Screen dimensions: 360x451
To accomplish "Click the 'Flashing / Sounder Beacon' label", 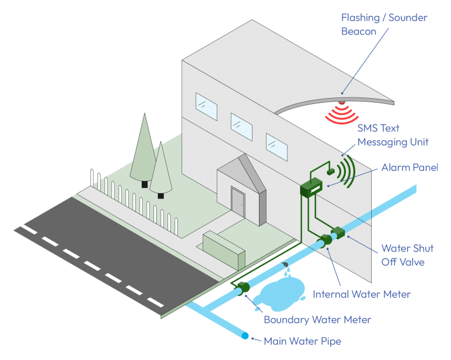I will pyautogui.click(x=384, y=25).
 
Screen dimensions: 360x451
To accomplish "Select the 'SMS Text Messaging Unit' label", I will pyautogui.click(x=393, y=134).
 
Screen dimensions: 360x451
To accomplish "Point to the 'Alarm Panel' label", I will pyautogui.click(x=410, y=168).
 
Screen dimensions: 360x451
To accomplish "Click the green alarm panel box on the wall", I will pyautogui.click(x=311, y=187).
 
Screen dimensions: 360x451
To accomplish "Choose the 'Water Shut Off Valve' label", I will pyautogui.click(x=402, y=255).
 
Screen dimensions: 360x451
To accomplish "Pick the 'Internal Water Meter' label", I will pyautogui.click(x=362, y=294).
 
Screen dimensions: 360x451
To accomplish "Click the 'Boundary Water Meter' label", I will pyautogui.click(x=317, y=320).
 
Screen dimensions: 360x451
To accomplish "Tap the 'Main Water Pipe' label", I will pyautogui.click(x=302, y=341).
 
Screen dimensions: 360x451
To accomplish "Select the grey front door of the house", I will pyautogui.click(x=238, y=201).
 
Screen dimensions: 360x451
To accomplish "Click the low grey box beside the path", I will pyautogui.click(x=224, y=249).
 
